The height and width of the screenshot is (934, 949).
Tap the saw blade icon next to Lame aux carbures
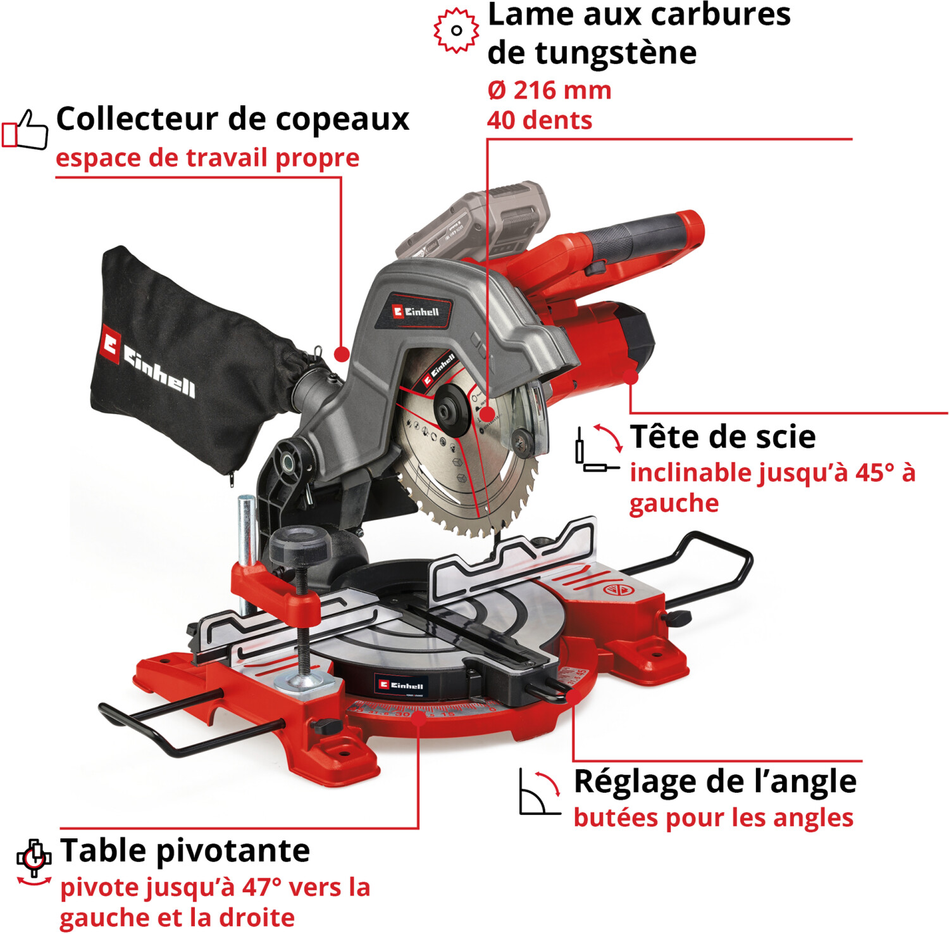(456, 30)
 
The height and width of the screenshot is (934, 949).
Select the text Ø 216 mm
(549, 91)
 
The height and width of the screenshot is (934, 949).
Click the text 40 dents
(539, 120)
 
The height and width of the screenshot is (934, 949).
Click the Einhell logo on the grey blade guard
(415, 311)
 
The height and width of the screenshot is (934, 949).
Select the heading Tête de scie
(723, 437)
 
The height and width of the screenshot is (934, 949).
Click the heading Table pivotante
(185, 850)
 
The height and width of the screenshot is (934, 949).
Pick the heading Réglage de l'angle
(715, 781)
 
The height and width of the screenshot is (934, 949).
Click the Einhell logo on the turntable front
(401, 685)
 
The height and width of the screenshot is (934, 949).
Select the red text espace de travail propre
(208, 158)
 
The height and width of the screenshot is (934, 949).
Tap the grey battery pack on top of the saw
(475, 222)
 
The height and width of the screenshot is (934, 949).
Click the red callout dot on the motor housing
(630, 377)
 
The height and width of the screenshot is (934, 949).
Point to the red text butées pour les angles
(713, 817)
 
